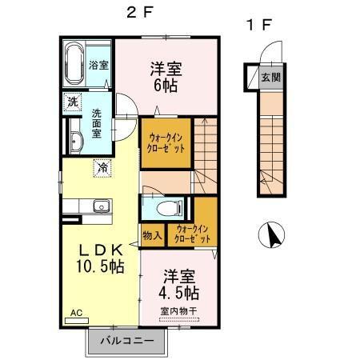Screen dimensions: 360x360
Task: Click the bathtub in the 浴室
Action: (x=74, y=63)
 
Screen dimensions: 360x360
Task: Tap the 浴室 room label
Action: (x=98, y=65)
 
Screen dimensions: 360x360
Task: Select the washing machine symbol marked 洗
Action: (x=73, y=102)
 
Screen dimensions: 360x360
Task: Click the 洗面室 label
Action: (x=97, y=123)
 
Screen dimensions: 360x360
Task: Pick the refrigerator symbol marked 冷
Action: (x=102, y=168)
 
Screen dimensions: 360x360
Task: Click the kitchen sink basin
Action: (x=102, y=206)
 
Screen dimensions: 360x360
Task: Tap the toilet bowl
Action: (x=170, y=208)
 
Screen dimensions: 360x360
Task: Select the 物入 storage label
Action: (x=152, y=235)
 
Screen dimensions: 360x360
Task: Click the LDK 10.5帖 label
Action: (x=100, y=258)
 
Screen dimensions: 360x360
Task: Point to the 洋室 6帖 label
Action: (x=166, y=77)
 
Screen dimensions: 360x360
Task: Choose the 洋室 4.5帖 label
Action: (x=179, y=285)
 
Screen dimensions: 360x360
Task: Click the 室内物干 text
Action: (x=179, y=311)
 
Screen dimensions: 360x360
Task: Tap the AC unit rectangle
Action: (x=77, y=321)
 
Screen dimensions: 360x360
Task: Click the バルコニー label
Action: (x=127, y=341)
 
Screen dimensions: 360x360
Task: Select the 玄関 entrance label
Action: (x=271, y=78)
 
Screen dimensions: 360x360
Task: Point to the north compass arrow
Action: (x=273, y=236)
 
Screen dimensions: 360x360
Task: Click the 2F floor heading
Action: (x=140, y=12)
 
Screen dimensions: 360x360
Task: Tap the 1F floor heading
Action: (x=259, y=25)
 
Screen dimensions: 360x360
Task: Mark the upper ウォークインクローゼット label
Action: (x=166, y=143)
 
